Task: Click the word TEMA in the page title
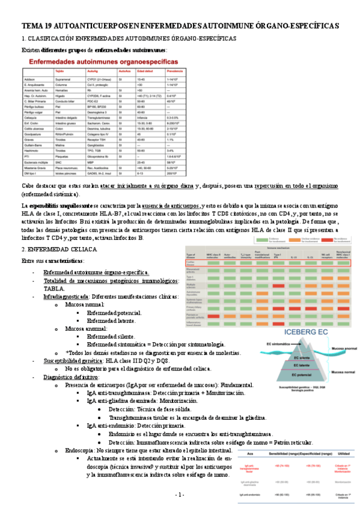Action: (33, 27)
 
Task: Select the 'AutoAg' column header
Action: (93, 71)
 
